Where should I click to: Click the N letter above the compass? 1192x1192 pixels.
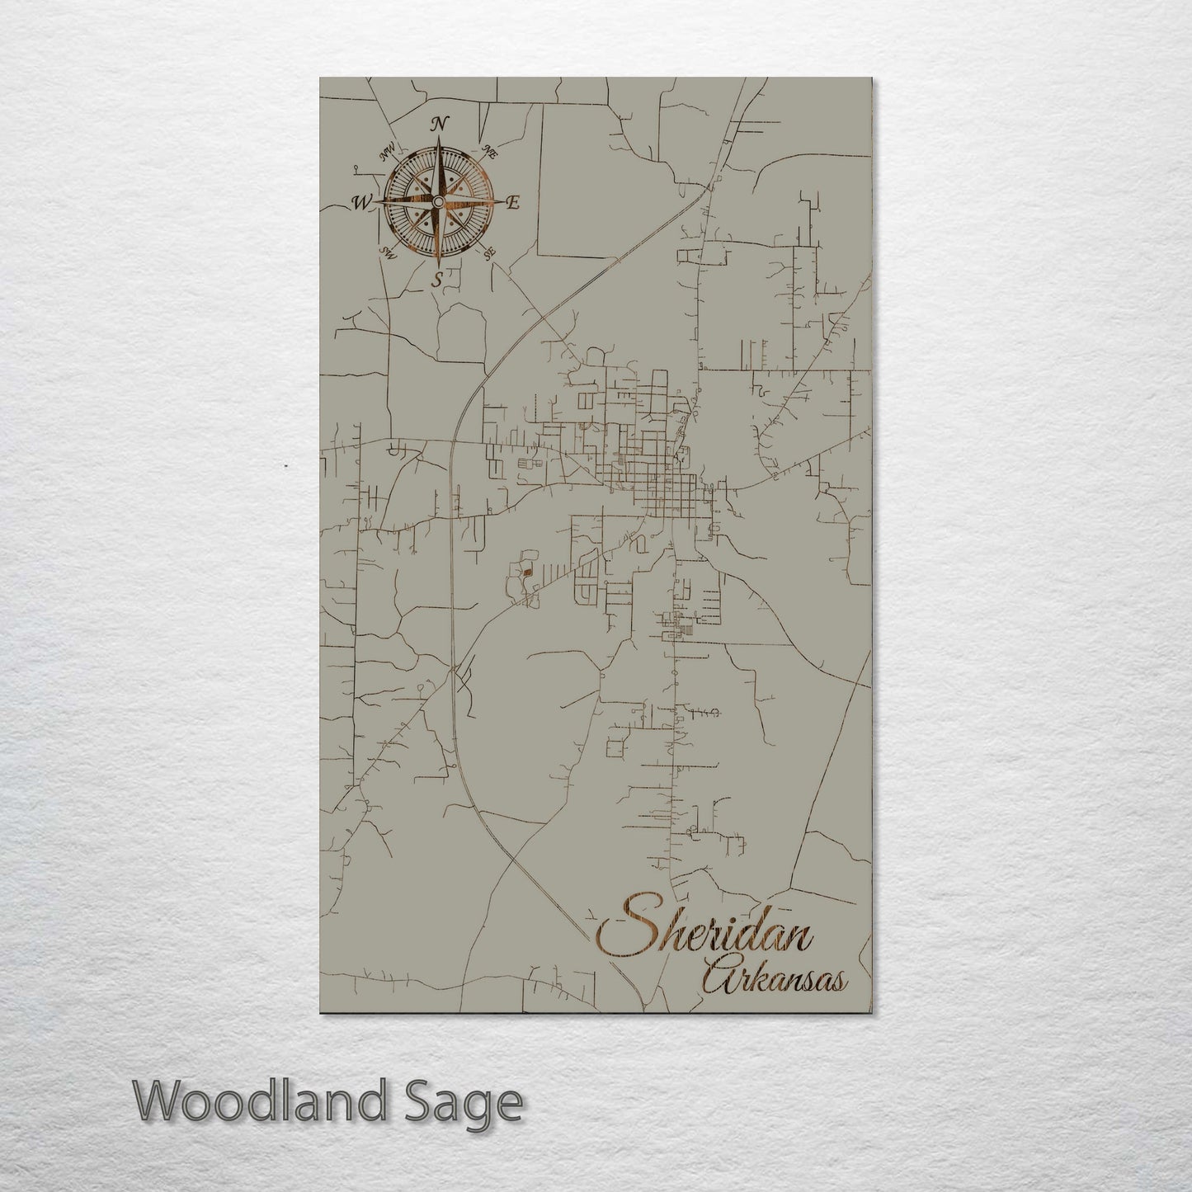[x=440, y=125]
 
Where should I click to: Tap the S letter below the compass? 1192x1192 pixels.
[x=438, y=280]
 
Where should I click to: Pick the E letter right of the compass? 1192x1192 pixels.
[x=512, y=203]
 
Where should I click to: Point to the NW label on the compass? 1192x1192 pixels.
[x=385, y=153]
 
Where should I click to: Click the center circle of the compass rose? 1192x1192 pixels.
[x=437, y=202]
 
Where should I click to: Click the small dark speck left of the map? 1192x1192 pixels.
[x=285, y=465]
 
